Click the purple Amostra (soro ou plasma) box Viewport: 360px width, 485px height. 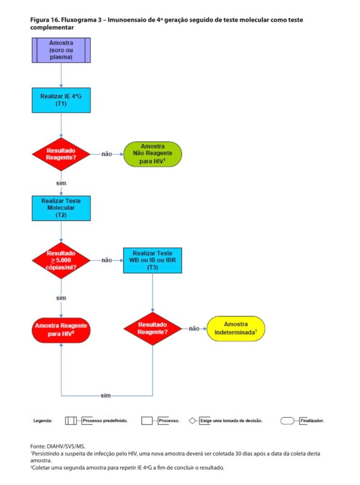61,50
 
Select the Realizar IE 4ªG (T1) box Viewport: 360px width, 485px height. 61,100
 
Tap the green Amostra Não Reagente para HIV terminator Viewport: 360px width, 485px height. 153,154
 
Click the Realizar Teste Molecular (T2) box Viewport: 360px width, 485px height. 61,208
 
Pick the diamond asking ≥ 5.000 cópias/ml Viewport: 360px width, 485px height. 61,260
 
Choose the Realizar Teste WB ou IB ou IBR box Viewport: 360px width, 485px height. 153,260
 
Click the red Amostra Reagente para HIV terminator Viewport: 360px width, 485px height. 61,330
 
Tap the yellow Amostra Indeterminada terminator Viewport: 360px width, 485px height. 236,329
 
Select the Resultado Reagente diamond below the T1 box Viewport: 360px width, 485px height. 61,154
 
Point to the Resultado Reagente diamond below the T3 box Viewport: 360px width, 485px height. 153,329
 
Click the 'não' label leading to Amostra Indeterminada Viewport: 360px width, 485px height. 194,329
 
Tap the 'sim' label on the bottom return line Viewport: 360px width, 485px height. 106,395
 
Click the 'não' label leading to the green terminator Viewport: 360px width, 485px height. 107,154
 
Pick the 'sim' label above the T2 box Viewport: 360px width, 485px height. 61,183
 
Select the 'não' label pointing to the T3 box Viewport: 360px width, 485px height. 107,260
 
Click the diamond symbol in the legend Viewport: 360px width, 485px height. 192,421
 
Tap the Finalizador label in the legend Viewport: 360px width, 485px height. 312,421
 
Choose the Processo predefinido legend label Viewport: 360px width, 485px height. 105,421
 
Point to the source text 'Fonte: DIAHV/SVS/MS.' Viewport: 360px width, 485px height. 58,446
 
